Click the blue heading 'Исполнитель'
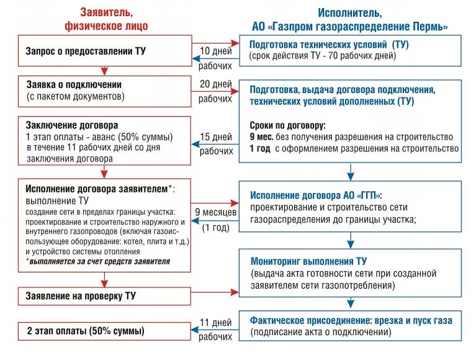point(350,12)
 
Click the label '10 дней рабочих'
point(215,57)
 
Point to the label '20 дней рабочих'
point(215,91)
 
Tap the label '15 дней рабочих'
point(215,143)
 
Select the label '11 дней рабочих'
point(215,330)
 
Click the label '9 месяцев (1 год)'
point(215,218)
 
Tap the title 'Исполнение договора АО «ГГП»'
point(317,195)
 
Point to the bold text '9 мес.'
point(261,137)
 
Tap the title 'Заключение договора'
point(72,125)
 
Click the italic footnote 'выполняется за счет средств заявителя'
point(99,262)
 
